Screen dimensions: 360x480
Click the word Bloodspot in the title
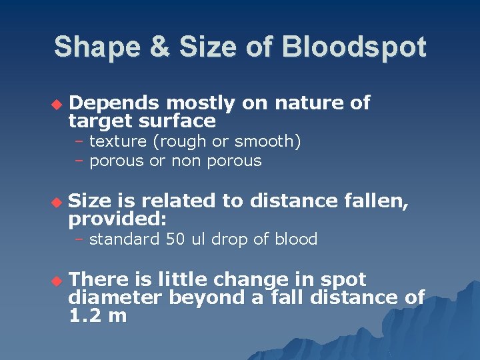(354, 47)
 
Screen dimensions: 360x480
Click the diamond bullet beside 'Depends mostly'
(56, 104)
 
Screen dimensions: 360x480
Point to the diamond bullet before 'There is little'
(56, 281)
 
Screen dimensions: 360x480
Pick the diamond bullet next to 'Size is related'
(56, 202)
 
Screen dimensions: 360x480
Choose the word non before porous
(189, 161)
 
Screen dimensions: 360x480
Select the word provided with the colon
(117, 219)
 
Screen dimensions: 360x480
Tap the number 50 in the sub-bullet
(176, 239)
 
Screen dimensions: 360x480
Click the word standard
(125, 239)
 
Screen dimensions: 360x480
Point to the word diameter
(115, 297)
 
